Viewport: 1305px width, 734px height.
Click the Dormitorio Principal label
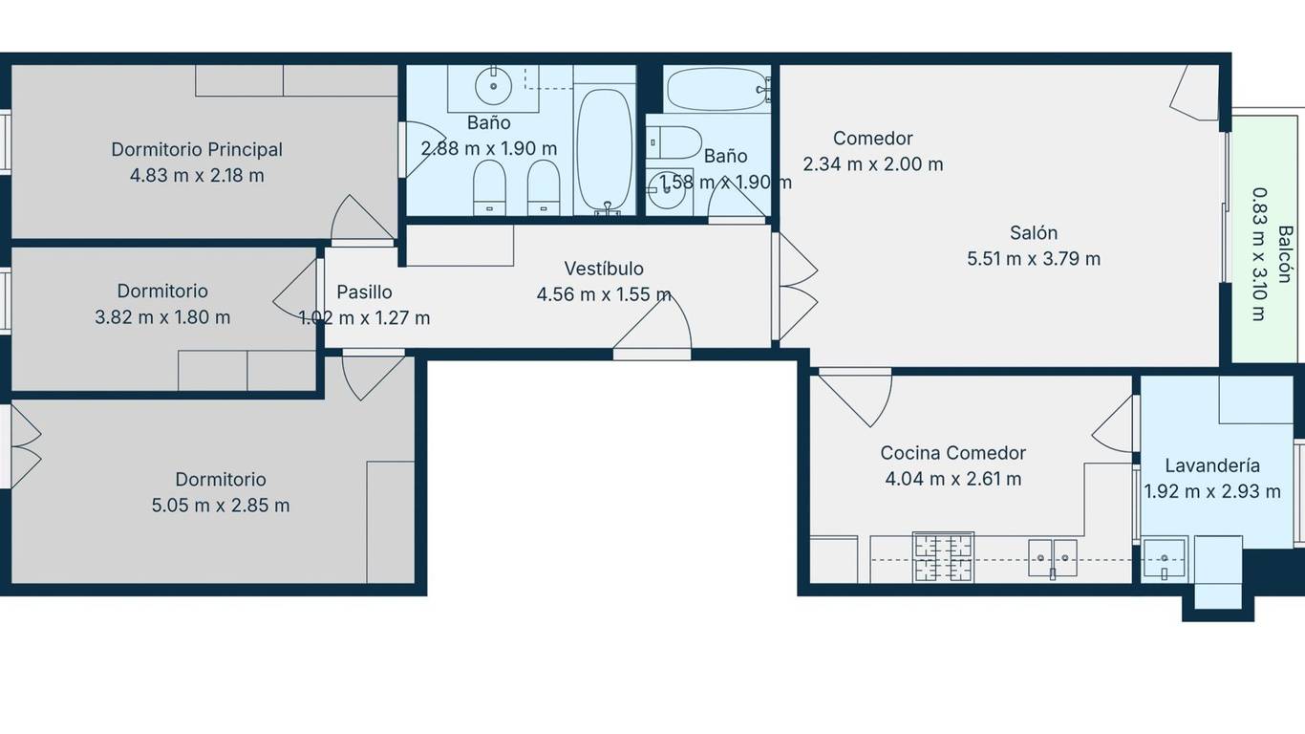click(197, 150)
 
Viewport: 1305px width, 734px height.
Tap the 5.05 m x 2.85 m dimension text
click(221, 505)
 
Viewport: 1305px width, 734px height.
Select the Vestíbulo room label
click(604, 269)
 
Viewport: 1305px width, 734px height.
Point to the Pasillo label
click(364, 292)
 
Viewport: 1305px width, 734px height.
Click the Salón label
click(1034, 232)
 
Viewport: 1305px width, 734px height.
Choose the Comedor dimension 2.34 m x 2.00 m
click(873, 163)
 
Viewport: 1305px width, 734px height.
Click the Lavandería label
click(1212, 465)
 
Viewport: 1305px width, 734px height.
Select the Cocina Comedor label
click(953, 453)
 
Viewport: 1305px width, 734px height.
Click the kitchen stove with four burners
click(943, 557)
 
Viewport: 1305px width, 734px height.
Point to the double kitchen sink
click(1052, 559)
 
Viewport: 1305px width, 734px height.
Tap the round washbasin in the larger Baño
click(494, 86)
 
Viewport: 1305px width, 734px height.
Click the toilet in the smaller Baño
click(674, 142)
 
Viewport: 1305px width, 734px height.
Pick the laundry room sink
click(1164, 558)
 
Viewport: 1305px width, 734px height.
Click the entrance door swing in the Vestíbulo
click(652, 325)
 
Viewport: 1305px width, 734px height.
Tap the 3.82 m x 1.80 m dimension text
click(162, 317)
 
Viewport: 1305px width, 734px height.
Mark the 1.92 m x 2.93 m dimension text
click(1212, 491)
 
